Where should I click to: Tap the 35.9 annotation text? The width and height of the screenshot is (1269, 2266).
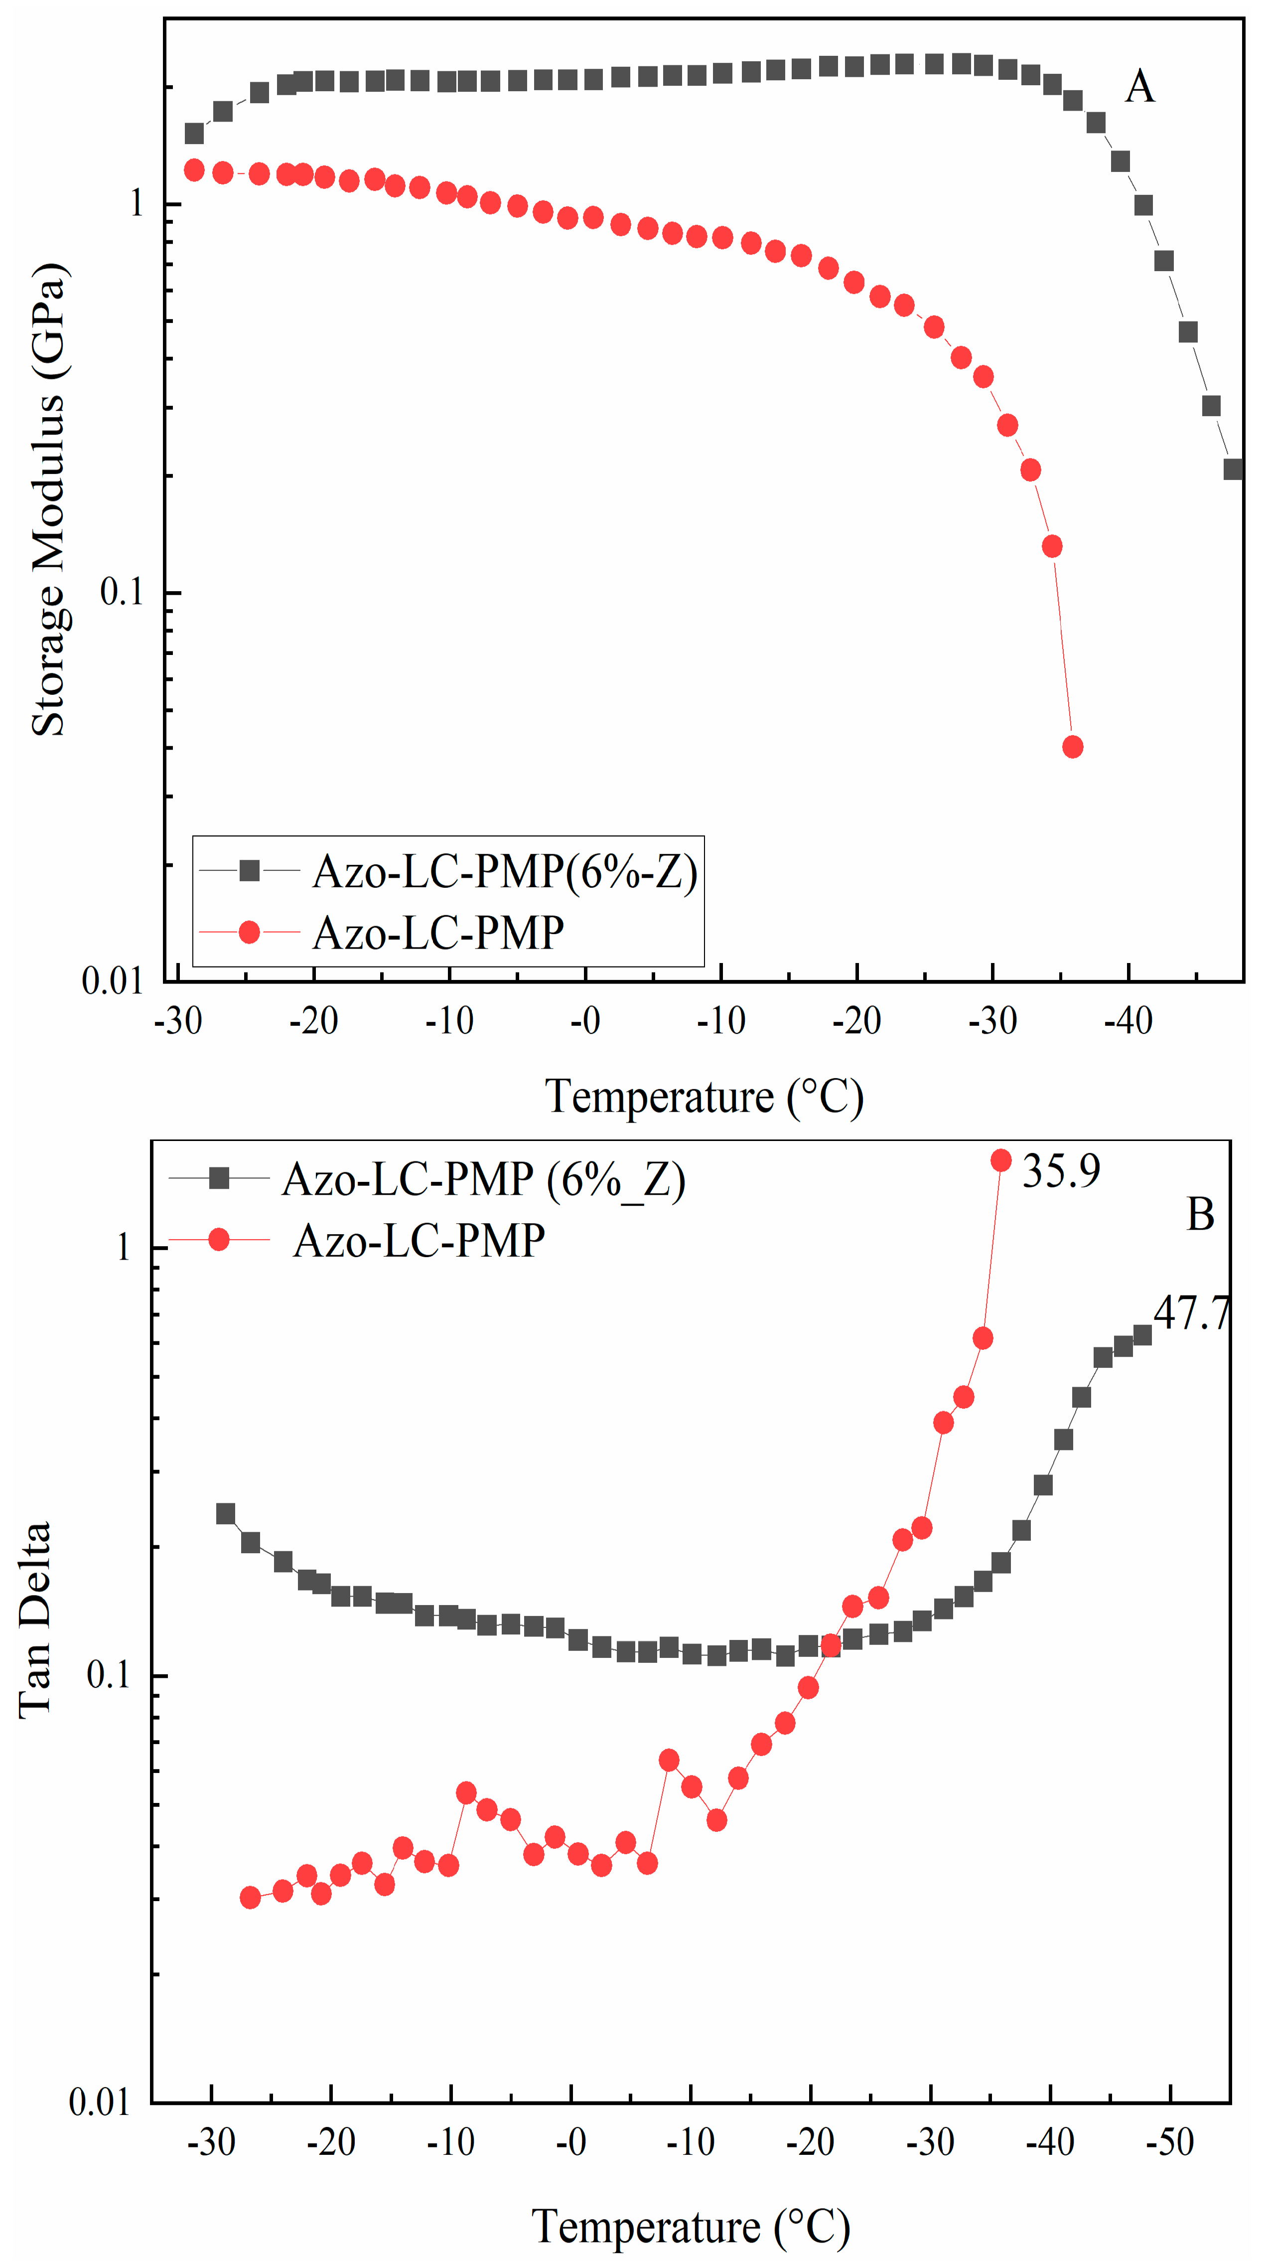pyautogui.click(x=1061, y=1171)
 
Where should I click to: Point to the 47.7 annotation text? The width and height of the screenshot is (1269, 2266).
pyautogui.click(x=1191, y=1313)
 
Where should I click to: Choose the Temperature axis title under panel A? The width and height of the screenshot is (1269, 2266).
pyautogui.click(x=704, y=1097)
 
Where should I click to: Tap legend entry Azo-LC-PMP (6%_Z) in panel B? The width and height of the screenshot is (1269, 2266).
pyautogui.click(x=483, y=1180)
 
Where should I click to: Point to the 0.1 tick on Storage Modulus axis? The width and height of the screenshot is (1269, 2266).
pyautogui.click(x=122, y=592)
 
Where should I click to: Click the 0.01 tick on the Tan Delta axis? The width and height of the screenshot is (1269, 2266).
pyautogui.click(x=99, y=2104)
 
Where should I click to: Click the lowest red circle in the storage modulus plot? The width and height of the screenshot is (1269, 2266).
pyautogui.click(x=1072, y=747)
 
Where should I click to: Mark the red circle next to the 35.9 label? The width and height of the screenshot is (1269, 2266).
pyautogui.click(x=1001, y=1161)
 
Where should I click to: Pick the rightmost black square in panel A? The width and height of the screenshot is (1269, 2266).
pyautogui.click(x=1233, y=469)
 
